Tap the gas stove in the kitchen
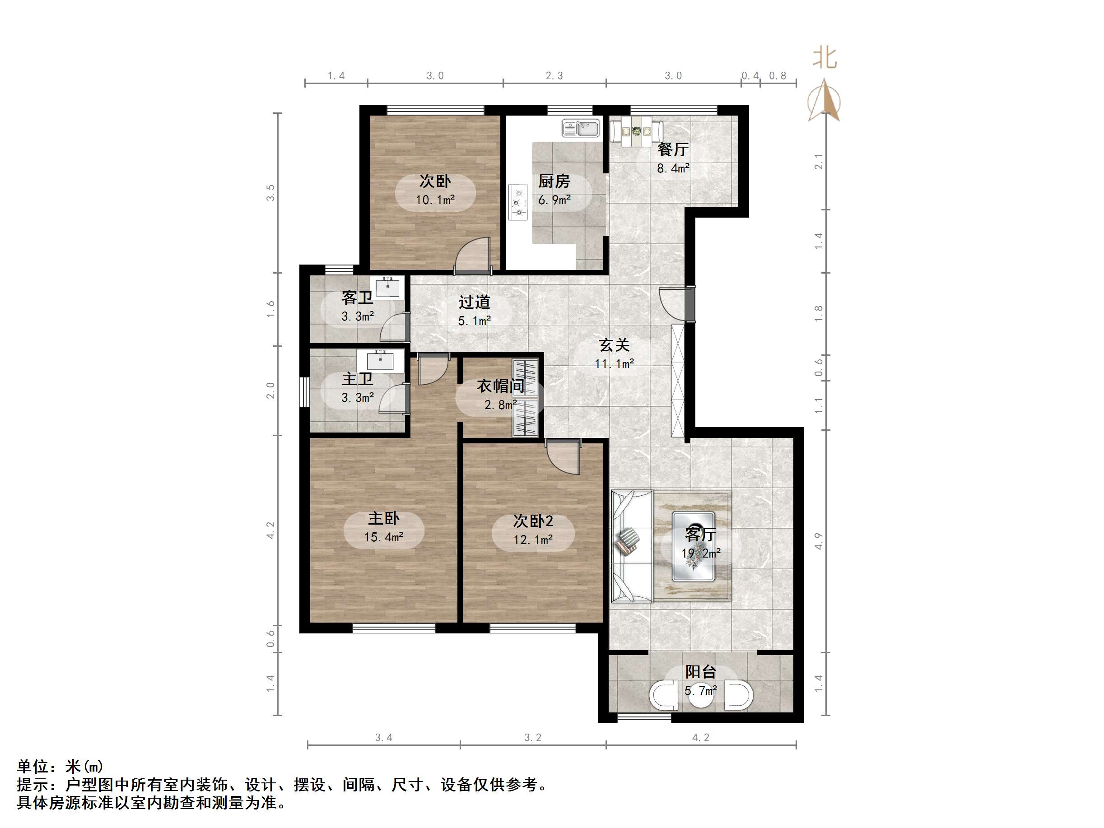coord(518,202)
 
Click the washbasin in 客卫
coord(387,288)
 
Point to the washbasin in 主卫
coord(380,360)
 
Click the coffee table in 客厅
coord(693,547)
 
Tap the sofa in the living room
coord(631,547)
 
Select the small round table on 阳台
coord(701,695)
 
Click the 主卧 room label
coord(383,519)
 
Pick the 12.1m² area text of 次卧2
coord(533,540)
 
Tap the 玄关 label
coord(615,345)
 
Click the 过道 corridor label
coord(474,302)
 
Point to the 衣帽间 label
coord(500,386)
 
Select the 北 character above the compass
coord(825,58)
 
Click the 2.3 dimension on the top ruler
coord(554,76)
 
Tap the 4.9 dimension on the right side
coord(819,541)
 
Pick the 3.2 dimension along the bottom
coord(532,738)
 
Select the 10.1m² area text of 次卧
coord(435,200)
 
